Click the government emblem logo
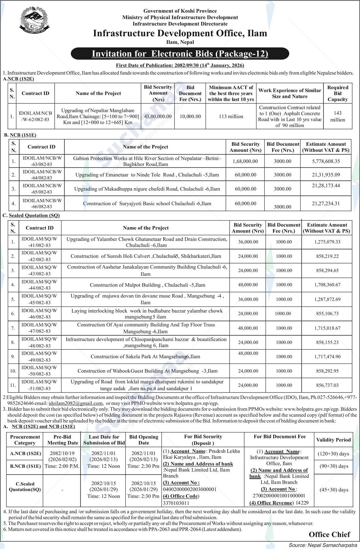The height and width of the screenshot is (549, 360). (34, 20)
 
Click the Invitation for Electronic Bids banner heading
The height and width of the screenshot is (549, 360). (180, 54)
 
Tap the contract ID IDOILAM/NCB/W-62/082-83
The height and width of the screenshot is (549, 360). (35, 116)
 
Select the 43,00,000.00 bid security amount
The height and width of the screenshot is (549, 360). (158, 116)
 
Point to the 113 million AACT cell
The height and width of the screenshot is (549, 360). (231, 116)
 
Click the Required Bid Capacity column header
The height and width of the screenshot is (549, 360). (337, 93)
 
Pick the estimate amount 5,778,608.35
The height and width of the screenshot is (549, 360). (326, 161)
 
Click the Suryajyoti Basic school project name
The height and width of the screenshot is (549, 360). (147, 203)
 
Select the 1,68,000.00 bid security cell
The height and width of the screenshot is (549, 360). (245, 161)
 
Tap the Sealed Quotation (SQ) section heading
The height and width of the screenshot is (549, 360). (34, 215)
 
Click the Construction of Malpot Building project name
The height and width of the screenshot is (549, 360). (147, 285)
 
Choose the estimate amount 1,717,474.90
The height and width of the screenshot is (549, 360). (327, 356)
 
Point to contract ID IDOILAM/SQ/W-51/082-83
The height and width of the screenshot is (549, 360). (39, 385)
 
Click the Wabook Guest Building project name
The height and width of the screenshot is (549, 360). (147, 371)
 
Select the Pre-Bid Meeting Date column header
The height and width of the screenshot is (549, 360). (62, 440)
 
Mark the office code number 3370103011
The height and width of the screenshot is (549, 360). (176, 503)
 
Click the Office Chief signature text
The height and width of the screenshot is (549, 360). (329, 534)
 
